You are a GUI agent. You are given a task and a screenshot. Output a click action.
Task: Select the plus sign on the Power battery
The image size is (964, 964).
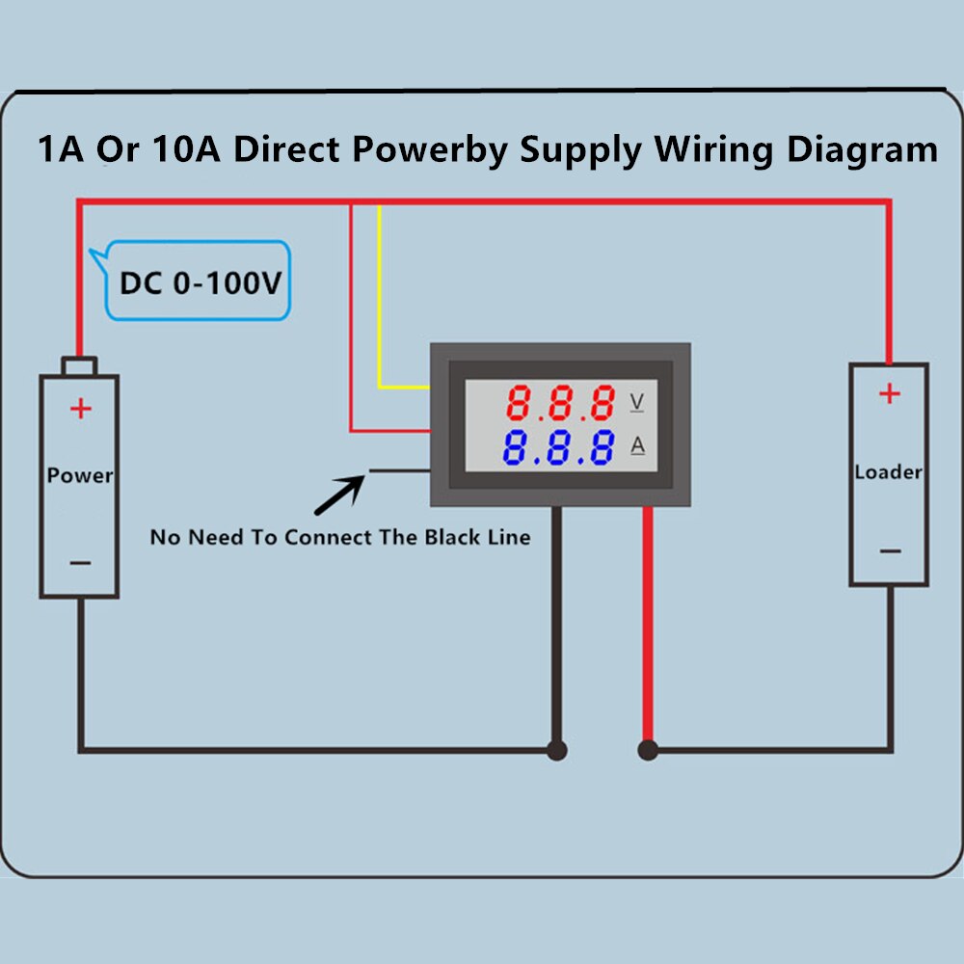coord(80,410)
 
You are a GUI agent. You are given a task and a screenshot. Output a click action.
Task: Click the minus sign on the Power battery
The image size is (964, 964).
coord(80,562)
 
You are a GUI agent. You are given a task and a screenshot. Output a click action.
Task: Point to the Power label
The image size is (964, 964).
coord(79,475)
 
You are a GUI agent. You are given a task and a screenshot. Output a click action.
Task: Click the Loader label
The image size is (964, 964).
coord(888,472)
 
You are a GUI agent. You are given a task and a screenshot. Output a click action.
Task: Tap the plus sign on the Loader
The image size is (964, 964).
coord(889,393)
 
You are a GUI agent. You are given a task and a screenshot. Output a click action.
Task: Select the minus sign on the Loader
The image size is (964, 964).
coord(890,551)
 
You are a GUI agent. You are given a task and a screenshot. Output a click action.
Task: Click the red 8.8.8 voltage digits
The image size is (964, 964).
coord(562,402)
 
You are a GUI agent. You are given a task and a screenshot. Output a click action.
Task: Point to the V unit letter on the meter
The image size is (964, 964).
coord(636,401)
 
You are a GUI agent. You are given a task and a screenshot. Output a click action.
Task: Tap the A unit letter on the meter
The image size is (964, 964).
coord(637,445)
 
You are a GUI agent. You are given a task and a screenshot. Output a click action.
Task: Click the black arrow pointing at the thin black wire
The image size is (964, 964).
coord(338,495)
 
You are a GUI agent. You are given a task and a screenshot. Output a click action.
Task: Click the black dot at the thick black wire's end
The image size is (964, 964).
coord(556,750)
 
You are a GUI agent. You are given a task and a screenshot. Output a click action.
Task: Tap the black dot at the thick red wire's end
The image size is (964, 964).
coord(648,750)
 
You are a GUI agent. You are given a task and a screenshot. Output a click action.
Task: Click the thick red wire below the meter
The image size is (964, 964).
coord(648,627)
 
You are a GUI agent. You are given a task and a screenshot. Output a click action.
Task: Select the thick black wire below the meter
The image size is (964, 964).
coord(556,627)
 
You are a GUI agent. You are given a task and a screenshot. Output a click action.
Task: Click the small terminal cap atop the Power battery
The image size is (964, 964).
coord(79,365)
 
